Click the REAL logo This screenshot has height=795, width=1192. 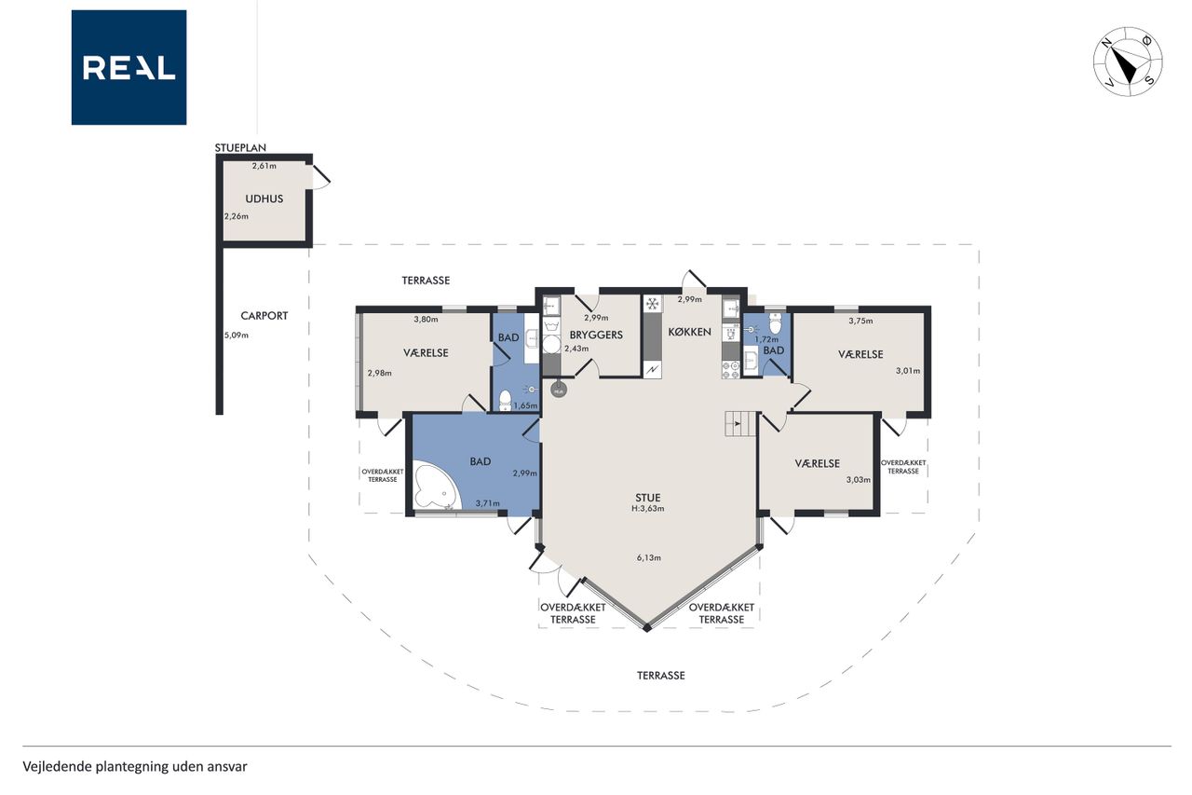[x=129, y=68]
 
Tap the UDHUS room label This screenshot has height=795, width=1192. [x=264, y=199]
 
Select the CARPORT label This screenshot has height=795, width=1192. [x=264, y=316]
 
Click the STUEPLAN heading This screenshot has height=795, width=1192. [x=240, y=147]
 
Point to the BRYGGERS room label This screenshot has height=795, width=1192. [x=596, y=335]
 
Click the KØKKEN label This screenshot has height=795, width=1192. [x=690, y=332]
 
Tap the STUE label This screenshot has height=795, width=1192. [x=647, y=498]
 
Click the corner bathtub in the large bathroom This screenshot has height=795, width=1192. [x=435, y=487]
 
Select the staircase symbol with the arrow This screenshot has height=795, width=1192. [x=740, y=424]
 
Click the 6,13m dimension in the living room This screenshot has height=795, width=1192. [x=649, y=558]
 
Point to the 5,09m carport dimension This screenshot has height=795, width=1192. [x=237, y=336]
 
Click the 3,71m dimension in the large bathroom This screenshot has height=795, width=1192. [x=487, y=503]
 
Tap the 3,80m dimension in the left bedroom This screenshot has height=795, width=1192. [x=426, y=320]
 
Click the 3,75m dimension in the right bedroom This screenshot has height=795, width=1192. [x=860, y=321]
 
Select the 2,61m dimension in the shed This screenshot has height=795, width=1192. [x=264, y=166]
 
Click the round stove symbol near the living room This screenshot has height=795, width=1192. [x=558, y=391]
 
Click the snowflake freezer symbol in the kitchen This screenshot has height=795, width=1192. [x=652, y=305]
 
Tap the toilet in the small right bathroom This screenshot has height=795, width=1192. [x=776, y=323]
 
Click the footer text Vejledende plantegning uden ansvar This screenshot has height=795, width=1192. [x=135, y=767]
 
